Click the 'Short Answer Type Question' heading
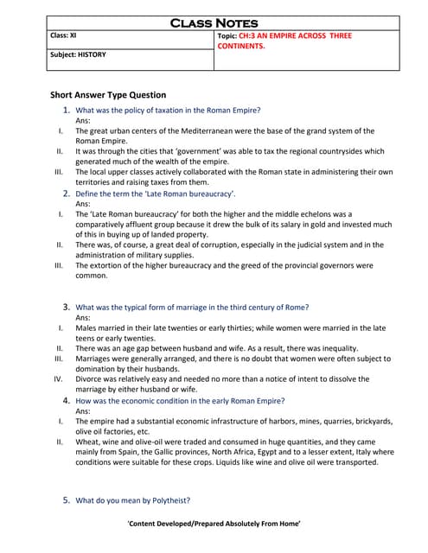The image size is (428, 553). pos(109,94)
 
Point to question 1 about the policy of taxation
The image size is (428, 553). pos(168,111)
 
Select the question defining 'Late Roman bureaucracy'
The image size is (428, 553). pos(156,194)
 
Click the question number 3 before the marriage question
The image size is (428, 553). pos(66,307)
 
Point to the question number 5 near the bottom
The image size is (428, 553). pos(66,499)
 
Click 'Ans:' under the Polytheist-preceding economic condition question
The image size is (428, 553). pos(84,411)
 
